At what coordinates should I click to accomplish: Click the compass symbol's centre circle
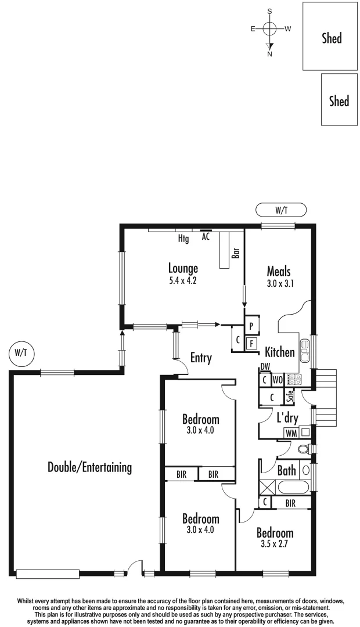click(269, 28)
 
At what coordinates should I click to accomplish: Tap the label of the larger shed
click(332, 39)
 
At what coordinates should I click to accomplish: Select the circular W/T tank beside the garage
click(20, 352)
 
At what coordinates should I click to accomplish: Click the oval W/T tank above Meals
click(280, 210)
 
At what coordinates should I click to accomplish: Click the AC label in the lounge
click(206, 237)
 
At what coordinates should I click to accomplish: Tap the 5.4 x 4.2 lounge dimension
click(183, 279)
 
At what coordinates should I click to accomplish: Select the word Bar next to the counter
click(236, 253)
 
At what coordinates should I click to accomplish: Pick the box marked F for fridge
click(252, 343)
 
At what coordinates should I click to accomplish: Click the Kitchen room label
click(280, 352)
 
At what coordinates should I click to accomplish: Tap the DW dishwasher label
click(265, 366)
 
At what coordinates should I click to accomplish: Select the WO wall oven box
click(277, 380)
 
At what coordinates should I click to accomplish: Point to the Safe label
click(289, 397)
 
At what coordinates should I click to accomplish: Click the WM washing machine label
click(290, 433)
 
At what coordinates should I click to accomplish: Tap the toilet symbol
click(303, 449)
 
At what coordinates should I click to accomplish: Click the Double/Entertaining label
click(90, 467)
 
